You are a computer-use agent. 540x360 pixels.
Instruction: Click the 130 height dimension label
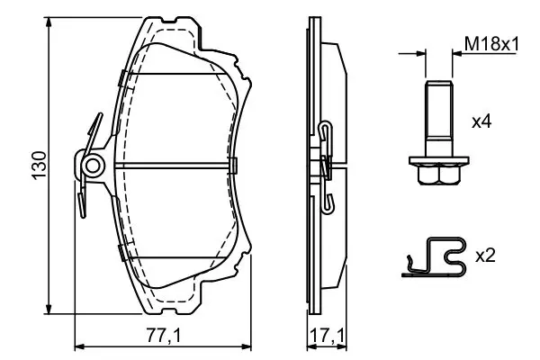pyautogui.click(x=40, y=166)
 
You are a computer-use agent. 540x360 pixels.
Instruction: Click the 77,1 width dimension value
pyautogui.click(x=164, y=336)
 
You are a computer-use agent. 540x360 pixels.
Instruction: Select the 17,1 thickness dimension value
pyautogui.click(x=327, y=336)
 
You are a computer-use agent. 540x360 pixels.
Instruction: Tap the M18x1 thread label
pyautogui.click(x=491, y=44)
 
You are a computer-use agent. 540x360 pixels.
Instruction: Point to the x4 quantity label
pyautogui.click(x=481, y=122)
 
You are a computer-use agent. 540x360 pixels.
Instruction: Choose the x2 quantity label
pyautogui.click(x=485, y=256)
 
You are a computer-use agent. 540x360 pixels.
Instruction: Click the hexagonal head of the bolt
pyautogui.click(x=439, y=175)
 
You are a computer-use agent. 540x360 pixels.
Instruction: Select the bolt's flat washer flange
pyautogui.click(x=439, y=160)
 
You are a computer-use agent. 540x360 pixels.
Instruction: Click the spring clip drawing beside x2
pyautogui.click(x=435, y=257)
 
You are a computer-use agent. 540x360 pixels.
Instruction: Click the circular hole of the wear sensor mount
pyautogui.click(x=93, y=166)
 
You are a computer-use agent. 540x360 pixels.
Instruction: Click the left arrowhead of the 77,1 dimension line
pyautogui.click(x=81, y=346)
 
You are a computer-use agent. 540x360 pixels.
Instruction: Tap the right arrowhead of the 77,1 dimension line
pyautogui.click(x=245, y=346)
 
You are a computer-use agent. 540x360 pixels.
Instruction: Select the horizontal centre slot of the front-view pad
pyautogui.click(x=172, y=166)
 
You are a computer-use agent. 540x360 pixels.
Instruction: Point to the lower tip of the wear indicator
pyautogui.click(x=82, y=216)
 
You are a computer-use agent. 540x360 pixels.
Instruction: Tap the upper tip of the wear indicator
pyautogui.click(x=101, y=114)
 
